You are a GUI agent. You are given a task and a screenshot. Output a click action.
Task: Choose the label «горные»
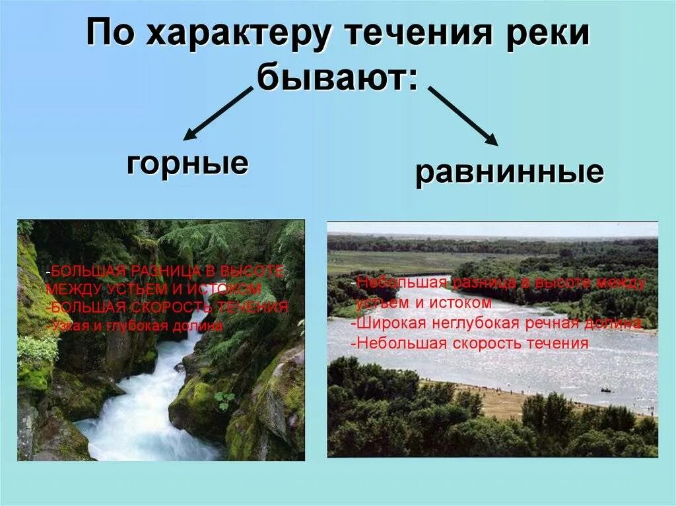pyautogui.click(x=187, y=163)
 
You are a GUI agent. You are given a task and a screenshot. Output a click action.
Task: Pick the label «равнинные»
pyautogui.click(x=509, y=172)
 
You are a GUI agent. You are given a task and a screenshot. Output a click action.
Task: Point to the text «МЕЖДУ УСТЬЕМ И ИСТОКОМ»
pyautogui.click(x=154, y=289)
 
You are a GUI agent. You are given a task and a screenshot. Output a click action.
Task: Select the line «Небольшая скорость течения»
pyautogui.click(x=469, y=343)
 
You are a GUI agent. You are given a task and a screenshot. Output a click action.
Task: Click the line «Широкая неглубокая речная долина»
pyautogui.click(x=496, y=323)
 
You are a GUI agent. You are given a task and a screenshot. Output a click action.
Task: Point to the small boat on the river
pyautogui.click(x=605, y=390)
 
